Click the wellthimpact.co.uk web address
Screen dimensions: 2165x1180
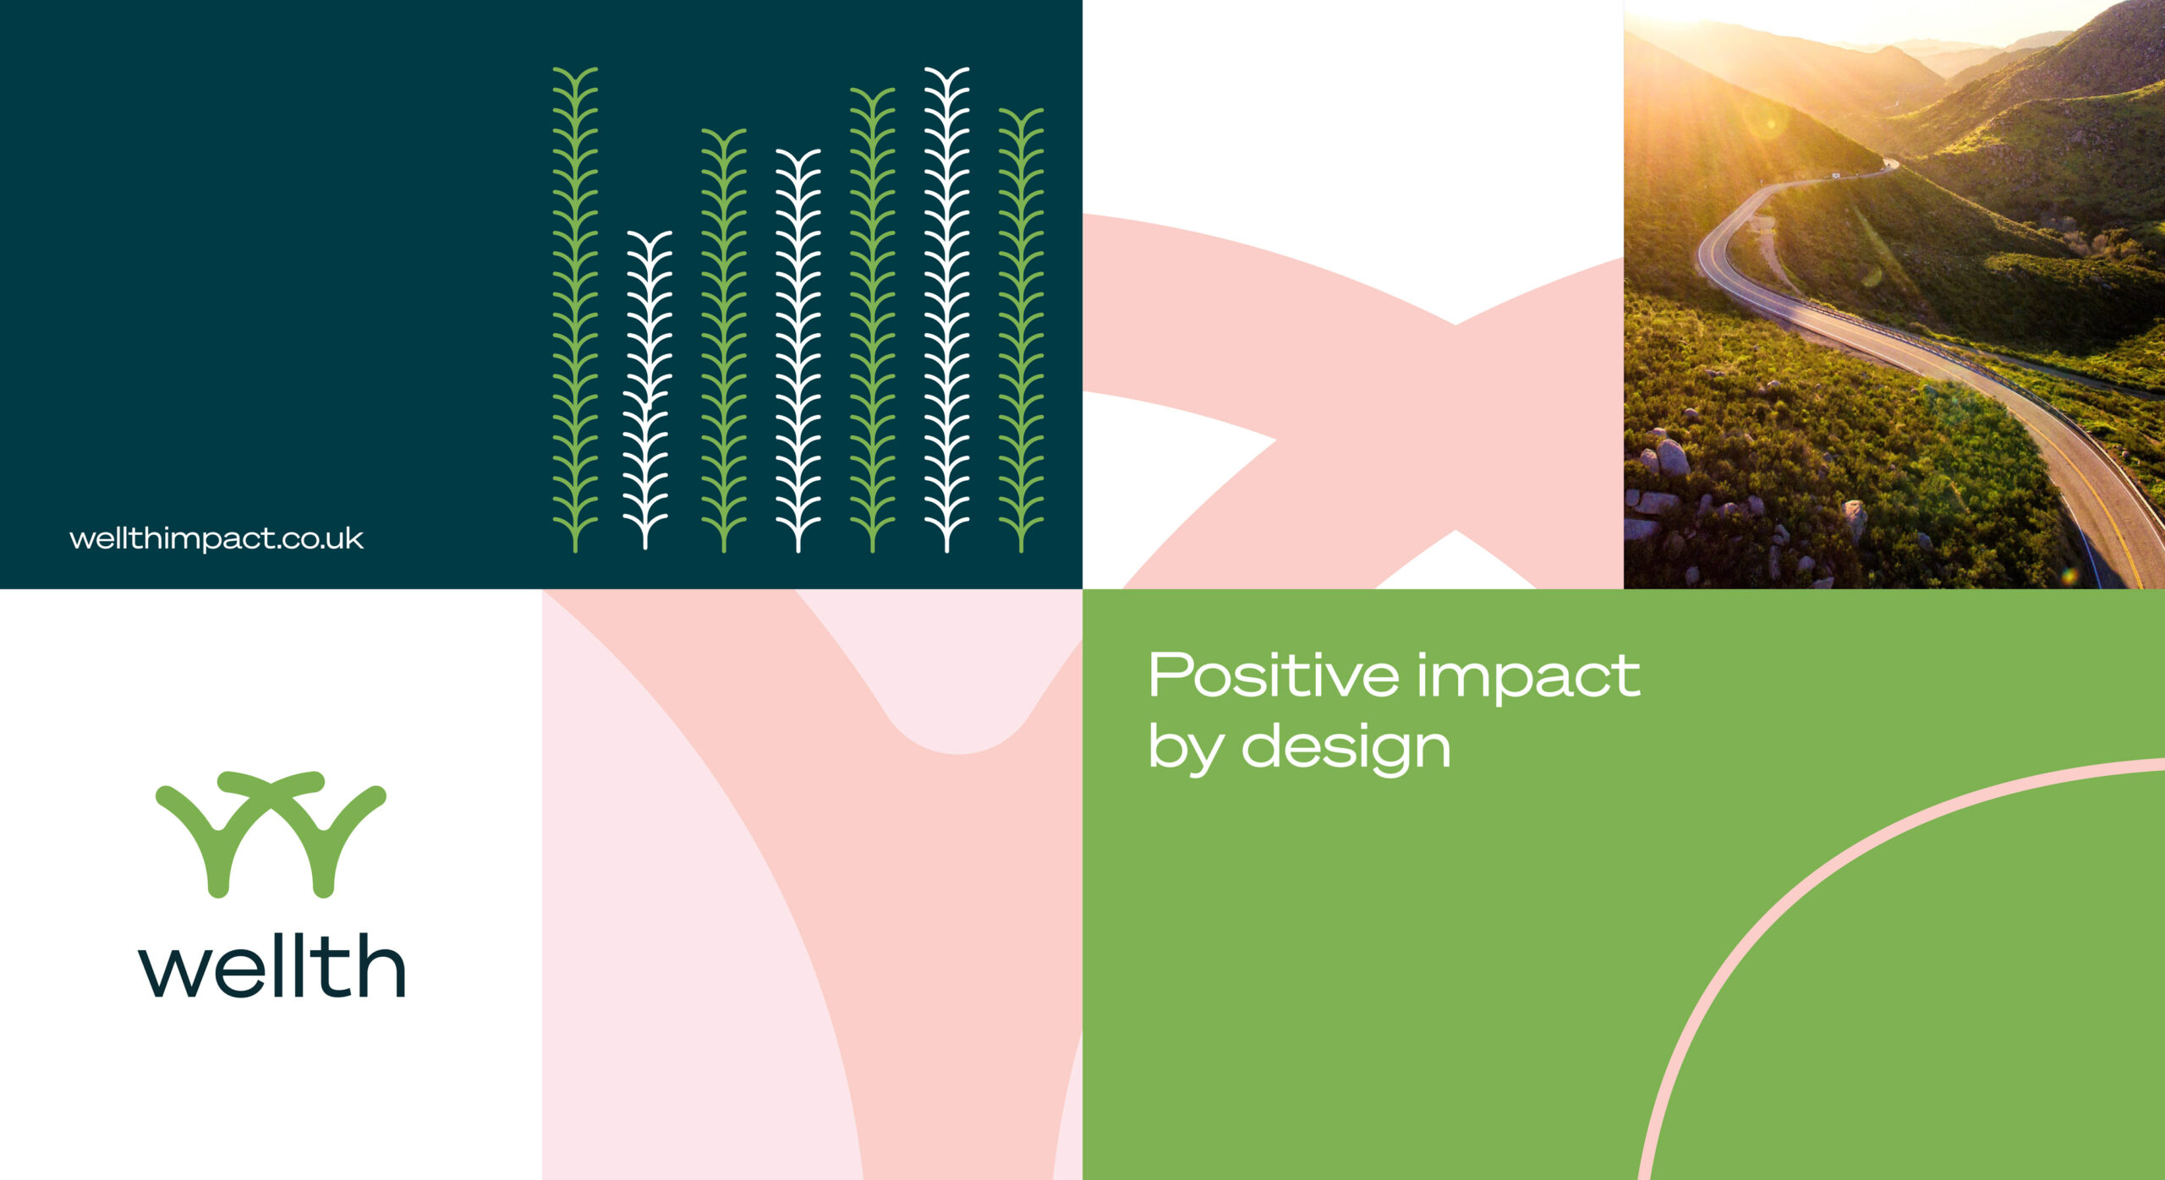pyautogui.click(x=216, y=539)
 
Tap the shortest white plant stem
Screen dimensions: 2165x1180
pyautogui.click(x=647, y=391)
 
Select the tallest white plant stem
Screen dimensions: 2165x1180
pyautogui.click(x=946, y=309)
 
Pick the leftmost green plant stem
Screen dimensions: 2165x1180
pyautogui.click(x=575, y=309)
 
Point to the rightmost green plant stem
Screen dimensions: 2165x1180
pyautogui.click(x=1021, y=330)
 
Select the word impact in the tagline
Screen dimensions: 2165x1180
pyautogui.click(x=1529, y=679)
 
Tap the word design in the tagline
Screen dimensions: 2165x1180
pyautogui.click(x=1346, y=749)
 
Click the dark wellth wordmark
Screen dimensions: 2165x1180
pyautogui.click(x=271, y=965)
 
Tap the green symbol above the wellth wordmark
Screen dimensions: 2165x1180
pyautogui.click(x=271, y=833)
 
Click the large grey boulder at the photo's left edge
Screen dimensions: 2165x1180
pyautogui.click(x=1671, y=457)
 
